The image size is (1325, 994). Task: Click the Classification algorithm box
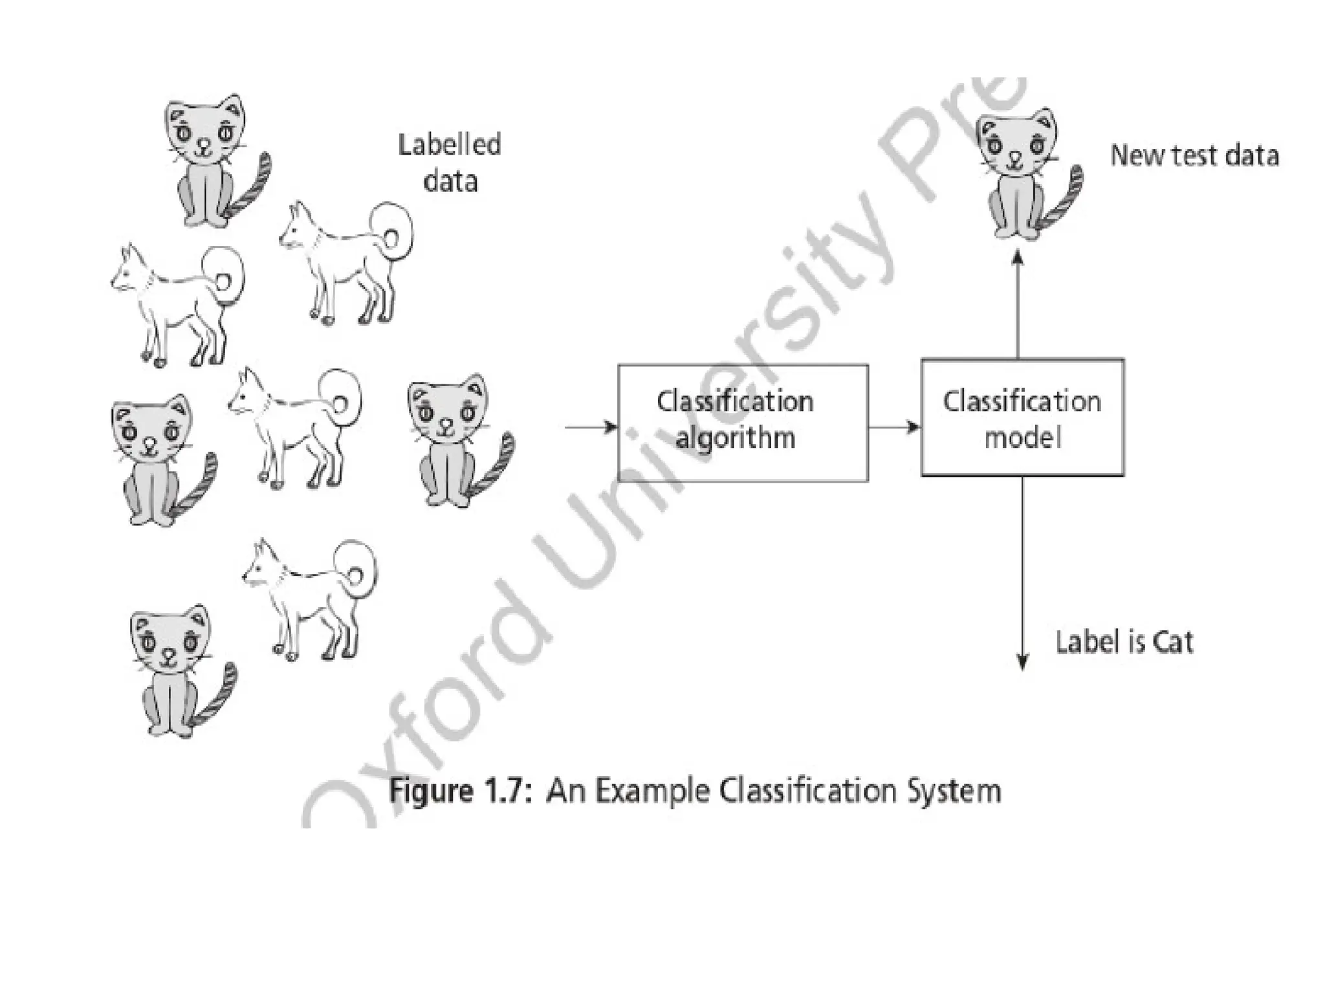(x=743, y=423)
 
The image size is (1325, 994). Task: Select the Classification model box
(x=1022, y=418)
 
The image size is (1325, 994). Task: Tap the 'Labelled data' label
(x=450, y=162)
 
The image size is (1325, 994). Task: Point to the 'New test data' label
(x=1194, y=156)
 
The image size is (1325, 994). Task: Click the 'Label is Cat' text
(x=1124, y=642)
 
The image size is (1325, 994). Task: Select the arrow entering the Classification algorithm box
(x=591, y=427)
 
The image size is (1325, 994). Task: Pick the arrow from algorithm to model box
(x=894, y=427)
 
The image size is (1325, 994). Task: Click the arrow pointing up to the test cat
(x=1018, y=304)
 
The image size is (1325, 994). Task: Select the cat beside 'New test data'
(x=1022, y=175)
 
